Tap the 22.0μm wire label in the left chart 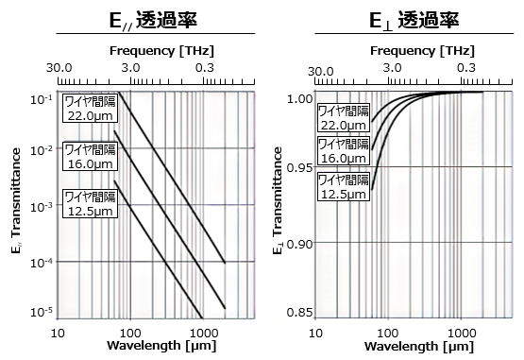pyautogui.click(x=90, y=109)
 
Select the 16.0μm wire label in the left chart pyautogui.click(x=90, y=157)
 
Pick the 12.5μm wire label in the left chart pyautogui.click(x=90, y=204)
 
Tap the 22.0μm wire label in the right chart pyautogui.click(x=342, y=117)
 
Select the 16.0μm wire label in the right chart pyautogui.click(x=342, y=151)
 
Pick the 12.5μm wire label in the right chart pyautogui.click(x=342, y=186)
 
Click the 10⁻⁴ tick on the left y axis pyautogui.click(x=40, y=262)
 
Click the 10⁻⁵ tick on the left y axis pyautogui.click(x=40, y=312)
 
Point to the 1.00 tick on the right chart pyautogui.click(x=297, y=98)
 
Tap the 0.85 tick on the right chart pyautogui.click(x=297, y=313)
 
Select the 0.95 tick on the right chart pyautogui.click(x=297, y=167)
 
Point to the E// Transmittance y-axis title pyautogui.click(x=18, y=204)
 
